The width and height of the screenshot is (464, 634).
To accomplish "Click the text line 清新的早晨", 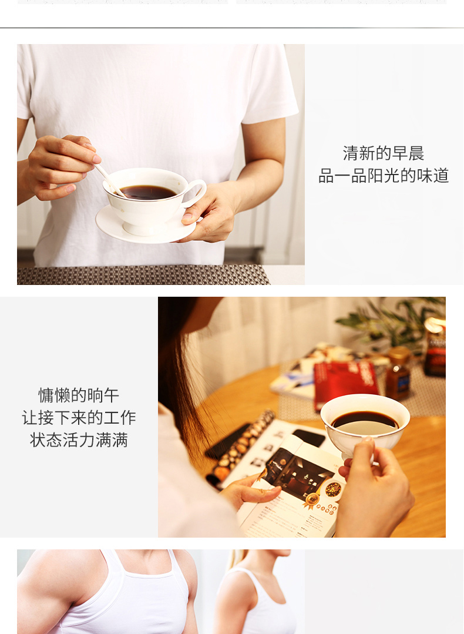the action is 383,153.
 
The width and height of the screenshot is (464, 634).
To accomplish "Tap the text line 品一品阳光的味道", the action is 383,176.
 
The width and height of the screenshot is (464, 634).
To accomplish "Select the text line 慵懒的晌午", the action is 79,395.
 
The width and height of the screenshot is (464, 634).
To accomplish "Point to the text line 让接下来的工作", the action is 79,418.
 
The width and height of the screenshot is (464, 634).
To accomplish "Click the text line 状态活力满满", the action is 79,440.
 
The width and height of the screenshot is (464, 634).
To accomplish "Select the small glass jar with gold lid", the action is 398,373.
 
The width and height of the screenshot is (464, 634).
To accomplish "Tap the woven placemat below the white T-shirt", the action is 143,275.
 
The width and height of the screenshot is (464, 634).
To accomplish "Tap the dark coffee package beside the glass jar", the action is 435,347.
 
